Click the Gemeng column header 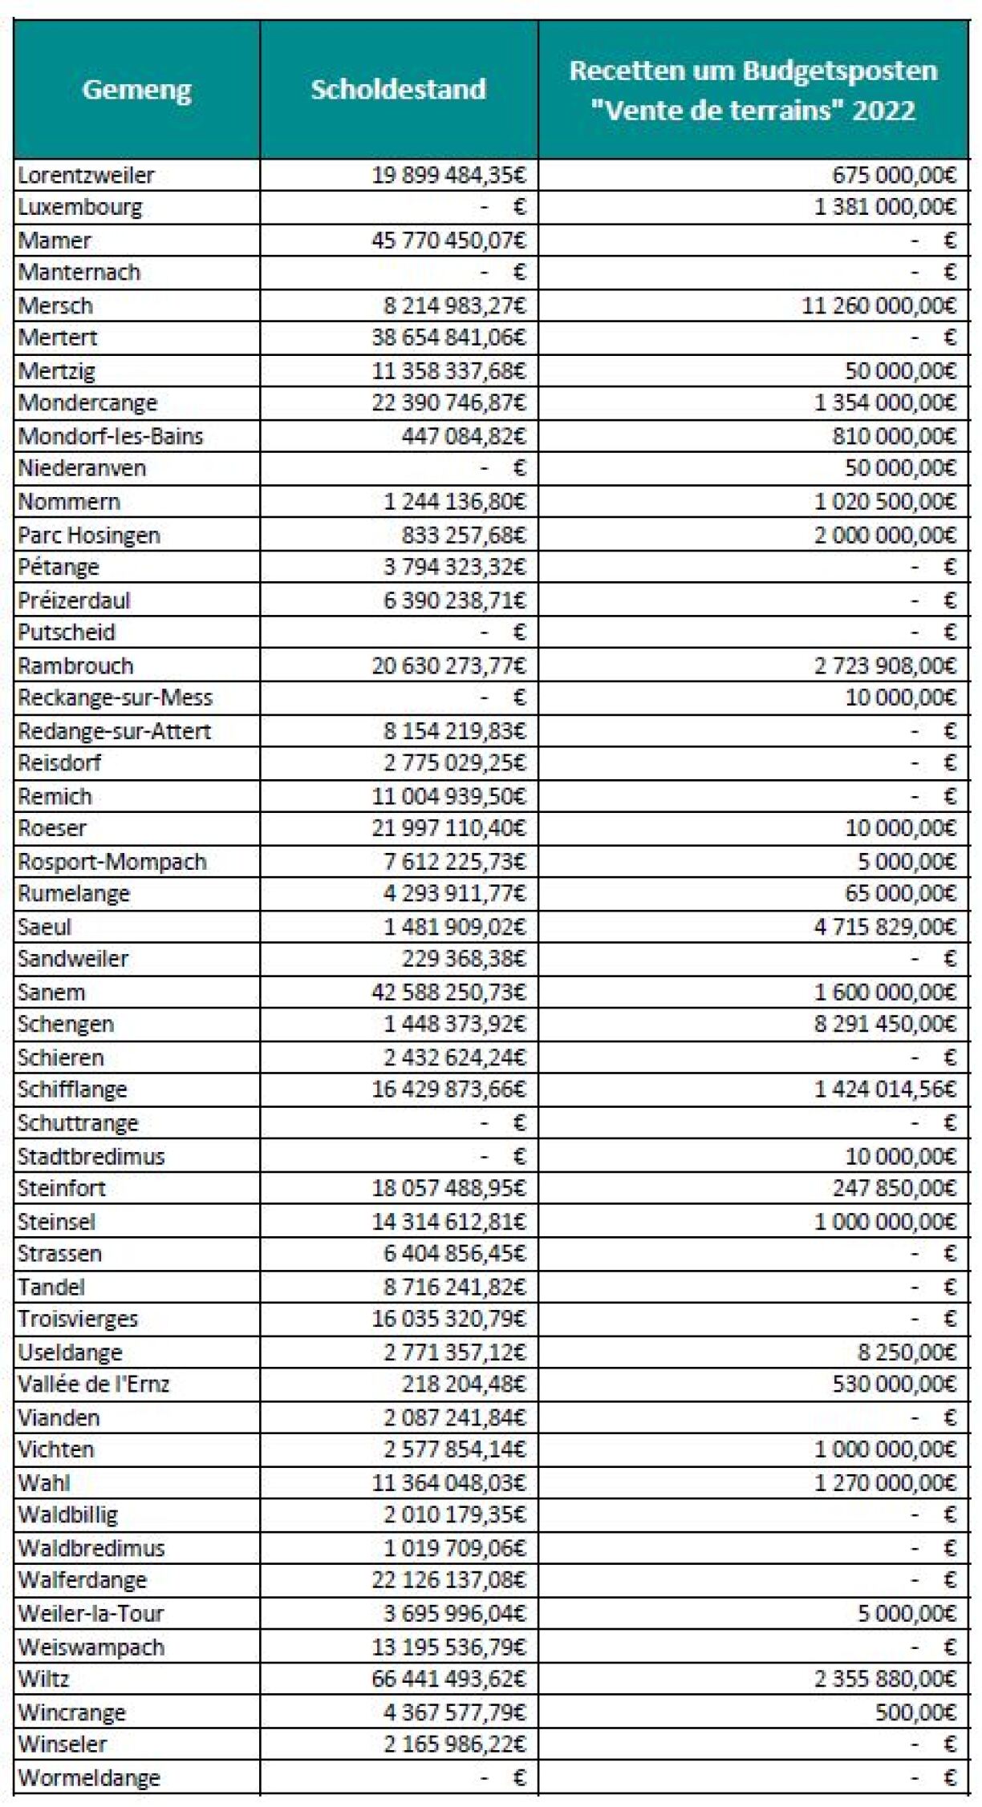coord(136,89)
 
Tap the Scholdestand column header coord(398,89)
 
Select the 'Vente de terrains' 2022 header coord(753,90)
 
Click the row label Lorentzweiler coord(86,175)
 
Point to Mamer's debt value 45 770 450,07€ coord(448,240)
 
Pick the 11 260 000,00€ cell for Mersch coord(879,305)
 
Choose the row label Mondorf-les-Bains coord(111,436)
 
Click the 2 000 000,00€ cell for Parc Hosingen coord(885,535)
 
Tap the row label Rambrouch coord(75,665)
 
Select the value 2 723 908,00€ coord(885,665)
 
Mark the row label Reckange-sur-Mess coord(115,697)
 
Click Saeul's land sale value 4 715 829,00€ coord(885,927)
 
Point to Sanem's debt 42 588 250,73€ coord(448,992)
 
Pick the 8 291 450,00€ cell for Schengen coord(885,1024)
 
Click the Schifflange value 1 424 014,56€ coord(885,1089)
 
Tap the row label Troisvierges coord(78,1319)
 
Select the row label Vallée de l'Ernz coord(94,1384)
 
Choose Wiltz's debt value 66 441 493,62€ coord(448,1679)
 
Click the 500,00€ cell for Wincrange coord(915,1712)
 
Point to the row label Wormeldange coord(89,1777)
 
